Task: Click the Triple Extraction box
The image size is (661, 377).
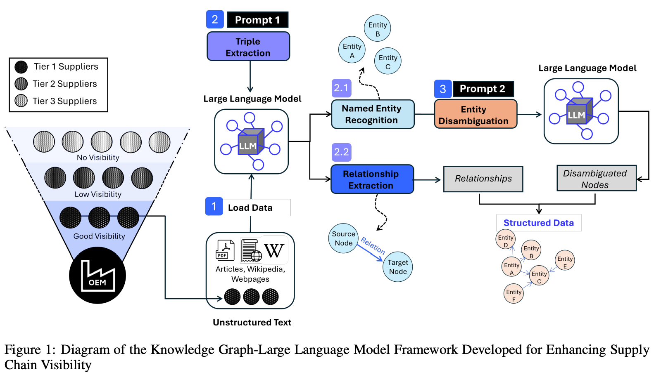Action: [248, 47]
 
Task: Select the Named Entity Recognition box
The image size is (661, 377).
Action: [372, 114]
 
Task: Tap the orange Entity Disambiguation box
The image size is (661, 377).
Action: [475, 114]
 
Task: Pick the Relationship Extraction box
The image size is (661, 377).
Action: [372, 179]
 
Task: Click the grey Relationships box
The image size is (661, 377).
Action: [483, 179]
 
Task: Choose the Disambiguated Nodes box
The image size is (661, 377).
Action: [596, 179]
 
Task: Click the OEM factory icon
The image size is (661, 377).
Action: [97, 275]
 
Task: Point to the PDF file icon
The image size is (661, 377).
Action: [225, 250]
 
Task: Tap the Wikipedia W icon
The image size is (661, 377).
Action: [273, 250]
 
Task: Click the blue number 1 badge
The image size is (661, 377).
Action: [214, 206]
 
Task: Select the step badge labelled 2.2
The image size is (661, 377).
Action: [341, 152]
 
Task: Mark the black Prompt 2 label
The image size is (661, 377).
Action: [483, 89]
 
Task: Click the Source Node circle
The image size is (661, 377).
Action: [343, 238]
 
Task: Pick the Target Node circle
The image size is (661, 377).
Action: [398, 267]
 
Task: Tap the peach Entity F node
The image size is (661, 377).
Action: [514, 294]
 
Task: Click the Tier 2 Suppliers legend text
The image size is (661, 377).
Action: [65, 84]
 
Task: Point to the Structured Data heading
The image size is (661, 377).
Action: [538, 223]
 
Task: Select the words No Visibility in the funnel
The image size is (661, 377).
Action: [98, 158]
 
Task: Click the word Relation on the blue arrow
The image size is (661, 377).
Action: [373, 245]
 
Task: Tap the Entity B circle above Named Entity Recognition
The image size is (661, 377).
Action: [377, 29]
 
